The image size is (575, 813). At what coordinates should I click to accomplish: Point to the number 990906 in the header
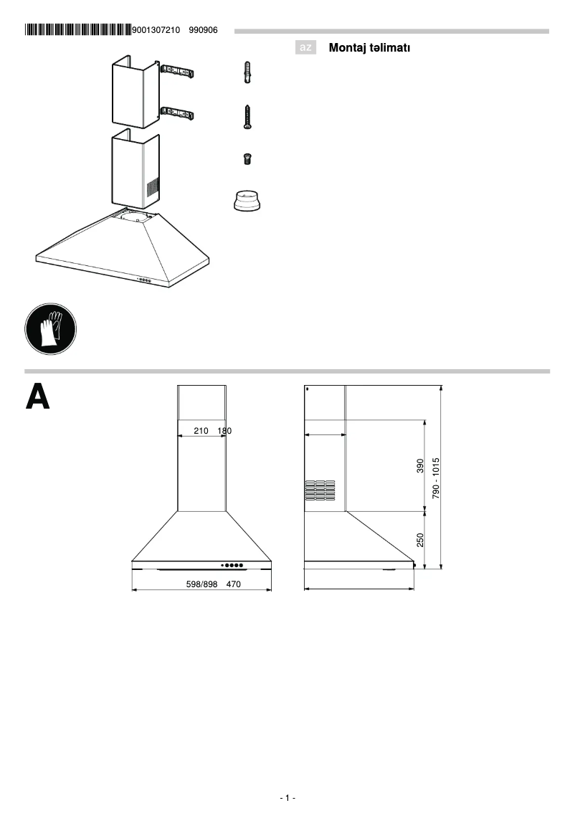pos(203,30)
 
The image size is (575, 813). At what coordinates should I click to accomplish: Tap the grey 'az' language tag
pos(306,48)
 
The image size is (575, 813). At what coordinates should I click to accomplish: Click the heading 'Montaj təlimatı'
pos(369,48)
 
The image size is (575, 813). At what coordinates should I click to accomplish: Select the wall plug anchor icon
pos(247,73)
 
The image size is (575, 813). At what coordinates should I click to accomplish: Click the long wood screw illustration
pos(247,117)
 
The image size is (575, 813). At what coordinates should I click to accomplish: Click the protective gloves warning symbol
pos(50,328)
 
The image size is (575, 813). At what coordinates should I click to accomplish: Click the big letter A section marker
pos(38,396)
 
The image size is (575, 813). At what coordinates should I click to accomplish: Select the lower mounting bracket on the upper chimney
pos(177,113)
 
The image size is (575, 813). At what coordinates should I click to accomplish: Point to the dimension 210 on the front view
pos(201,432)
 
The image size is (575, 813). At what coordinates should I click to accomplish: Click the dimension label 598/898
pos(201,584)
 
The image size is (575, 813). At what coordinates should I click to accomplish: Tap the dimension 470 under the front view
pos(233,584)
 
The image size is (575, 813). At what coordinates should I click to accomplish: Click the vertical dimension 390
pos(421,466)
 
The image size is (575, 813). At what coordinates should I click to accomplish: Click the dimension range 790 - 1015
pos(435,477)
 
